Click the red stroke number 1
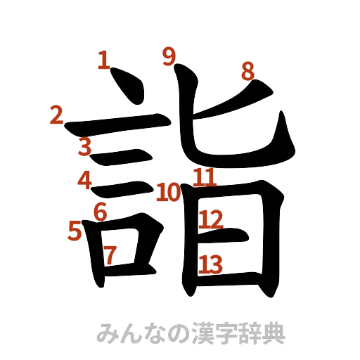point(103,59)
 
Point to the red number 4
point(86,180)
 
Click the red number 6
point(100,210)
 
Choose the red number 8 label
point(247,70)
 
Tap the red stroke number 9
point(167,55)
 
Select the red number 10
point(168,191)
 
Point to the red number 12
point(210,220)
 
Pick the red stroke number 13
point(210,264)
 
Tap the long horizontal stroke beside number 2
point(120,125)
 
